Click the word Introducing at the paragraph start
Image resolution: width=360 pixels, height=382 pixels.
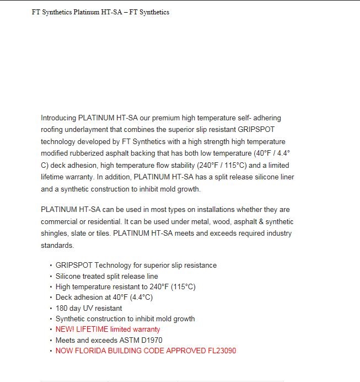point(58,118)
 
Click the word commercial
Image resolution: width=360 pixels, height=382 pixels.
point(60,221)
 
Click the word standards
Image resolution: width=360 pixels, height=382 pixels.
point(57,245)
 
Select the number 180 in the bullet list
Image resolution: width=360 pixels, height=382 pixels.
point(62,308)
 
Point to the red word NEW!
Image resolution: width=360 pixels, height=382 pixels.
point(65,330)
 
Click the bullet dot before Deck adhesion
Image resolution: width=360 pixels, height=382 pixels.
point(51,298)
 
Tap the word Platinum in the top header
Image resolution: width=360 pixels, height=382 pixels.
point(84,12)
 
